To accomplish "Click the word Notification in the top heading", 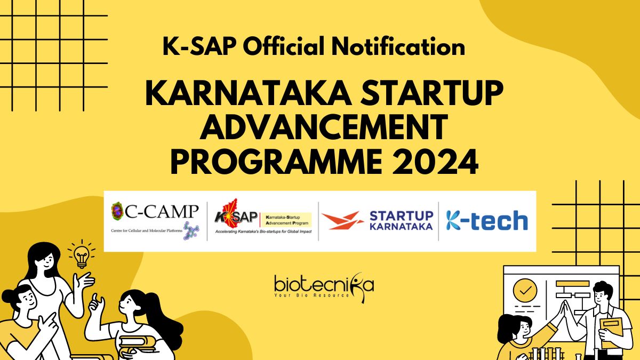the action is coord(398,46).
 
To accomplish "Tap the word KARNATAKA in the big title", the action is coord(249,93).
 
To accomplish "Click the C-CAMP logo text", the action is coord(162,212).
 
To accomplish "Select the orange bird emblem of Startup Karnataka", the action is coord(342,220).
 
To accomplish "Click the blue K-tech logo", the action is coord(487,220).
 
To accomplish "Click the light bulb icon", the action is coord(82,254).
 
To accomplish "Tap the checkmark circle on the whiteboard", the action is coord(525,291).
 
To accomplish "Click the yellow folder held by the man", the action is coord(611,333).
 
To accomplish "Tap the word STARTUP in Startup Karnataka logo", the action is coord(401,216).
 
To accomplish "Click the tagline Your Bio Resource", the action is coord(311,295).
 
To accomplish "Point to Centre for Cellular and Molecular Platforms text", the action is coord(147,230).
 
